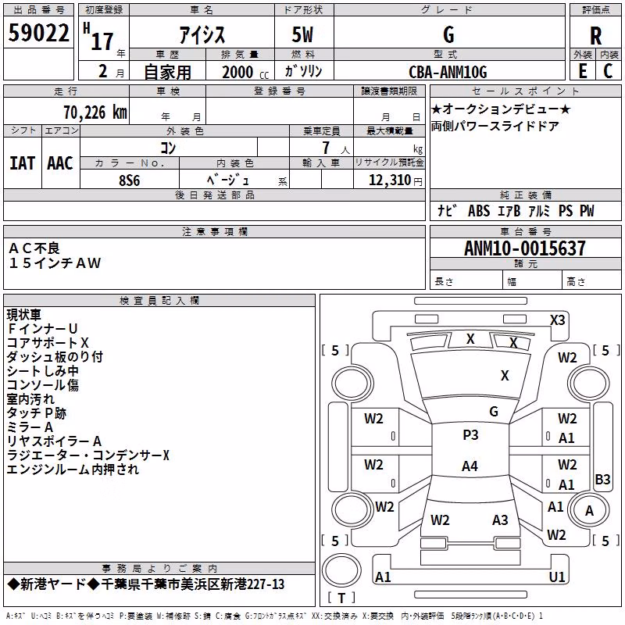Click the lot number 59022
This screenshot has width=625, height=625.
pyautogui.click(x=38, y=33)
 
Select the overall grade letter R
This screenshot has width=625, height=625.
pyautogui.click(x=595, y=36)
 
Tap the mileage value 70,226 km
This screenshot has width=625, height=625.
pyautogui.click(x=95, y=112)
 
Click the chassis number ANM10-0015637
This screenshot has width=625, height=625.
pyautogui.click(x=525, y=248)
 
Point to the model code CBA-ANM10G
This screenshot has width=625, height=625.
pyautogui.click(x=448, y=72)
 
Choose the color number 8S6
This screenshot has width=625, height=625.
pyautogui.click(x=130, y=180)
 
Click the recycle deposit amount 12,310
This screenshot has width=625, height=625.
pyautogui.click(x=390, y=180)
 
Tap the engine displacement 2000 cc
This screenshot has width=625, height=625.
pyautogui.click(x=245, y=72)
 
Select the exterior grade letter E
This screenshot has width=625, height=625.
pyautogui.click(x=583, y=71)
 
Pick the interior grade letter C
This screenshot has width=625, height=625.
pyautogui.click(x=608, y=71)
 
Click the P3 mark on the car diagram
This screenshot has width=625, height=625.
pyautogui.click(x=470, y=435)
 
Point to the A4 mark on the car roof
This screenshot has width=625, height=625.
pyautogui.click(x=470, y=466)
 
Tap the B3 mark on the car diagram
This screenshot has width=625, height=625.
pyautogui.click(x=602, y=479)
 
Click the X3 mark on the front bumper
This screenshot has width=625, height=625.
pyautogui.click(x=557, y=320)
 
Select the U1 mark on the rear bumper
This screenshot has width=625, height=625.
pyautogui.click(x=556, y=577)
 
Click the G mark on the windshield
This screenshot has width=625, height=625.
pyautogui.click(x=494, y=412)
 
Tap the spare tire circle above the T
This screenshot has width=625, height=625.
pyautogui.click(x=341, y=570)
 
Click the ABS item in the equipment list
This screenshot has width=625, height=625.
pyautogui.click(x=479, y=211)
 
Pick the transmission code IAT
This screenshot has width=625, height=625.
pyautogui.click(x=22, y=163)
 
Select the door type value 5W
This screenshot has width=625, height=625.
pyautogui.click(x=302, y=34)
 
